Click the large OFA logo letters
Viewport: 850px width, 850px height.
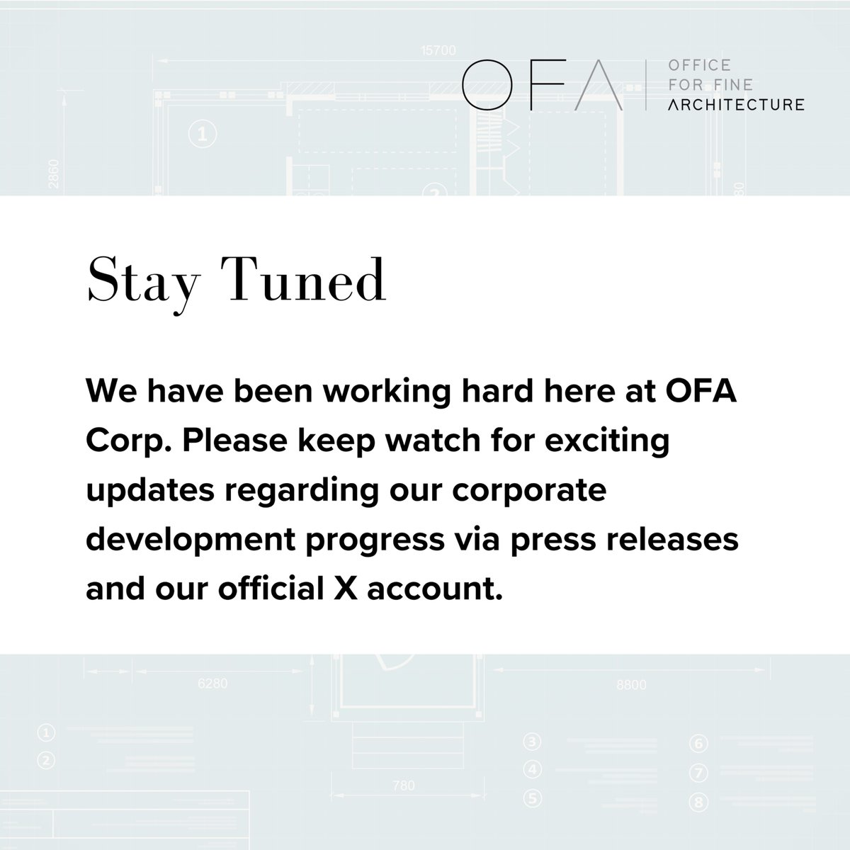tap(542, 85)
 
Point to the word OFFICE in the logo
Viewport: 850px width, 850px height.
tap(689, 66)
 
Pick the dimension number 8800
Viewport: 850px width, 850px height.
tap(631, 685)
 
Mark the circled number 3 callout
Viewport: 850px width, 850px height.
tap(533, 743)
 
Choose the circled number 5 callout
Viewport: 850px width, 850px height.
tap(533, 799)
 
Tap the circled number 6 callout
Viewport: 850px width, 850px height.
tap(698, 744)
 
